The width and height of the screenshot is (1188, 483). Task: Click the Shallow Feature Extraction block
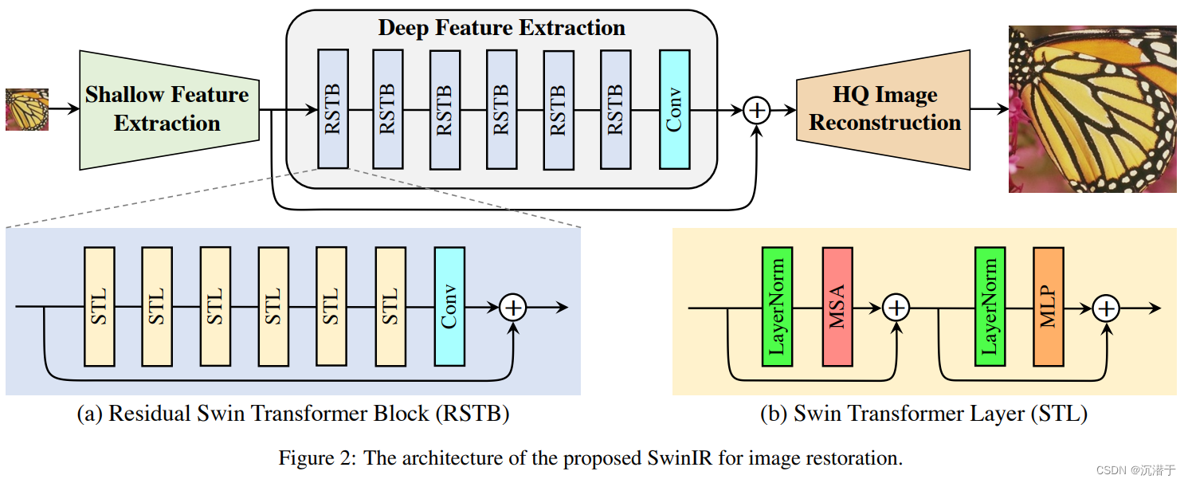(x=169, y=109)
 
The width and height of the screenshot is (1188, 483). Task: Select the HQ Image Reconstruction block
(x=884, y=109)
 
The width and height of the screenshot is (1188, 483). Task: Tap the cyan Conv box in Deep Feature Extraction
(x=674, y=109)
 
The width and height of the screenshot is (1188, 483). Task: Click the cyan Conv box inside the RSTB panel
(x=449, y=307)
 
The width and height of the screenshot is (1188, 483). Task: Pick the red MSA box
(x=837, y=307)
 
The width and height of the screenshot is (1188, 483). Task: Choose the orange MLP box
(x=1049, y=307)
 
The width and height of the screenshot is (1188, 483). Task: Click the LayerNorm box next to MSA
(x=777, y=307)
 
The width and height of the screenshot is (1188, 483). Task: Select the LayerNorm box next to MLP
(x=990, y=307)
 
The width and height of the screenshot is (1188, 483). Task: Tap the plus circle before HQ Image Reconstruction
(x=756, y=110)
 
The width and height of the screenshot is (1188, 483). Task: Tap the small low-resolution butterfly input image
(x=27, y=109)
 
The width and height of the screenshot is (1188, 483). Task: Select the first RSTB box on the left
(x=333, y=109)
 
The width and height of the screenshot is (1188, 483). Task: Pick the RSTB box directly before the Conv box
(x=615, y=109)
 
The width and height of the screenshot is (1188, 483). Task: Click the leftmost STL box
(x=100, y=307)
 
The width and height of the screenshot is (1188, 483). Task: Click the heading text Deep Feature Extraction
(x=501, y=29)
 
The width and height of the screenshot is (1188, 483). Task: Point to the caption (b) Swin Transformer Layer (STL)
(x=924, y=414)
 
